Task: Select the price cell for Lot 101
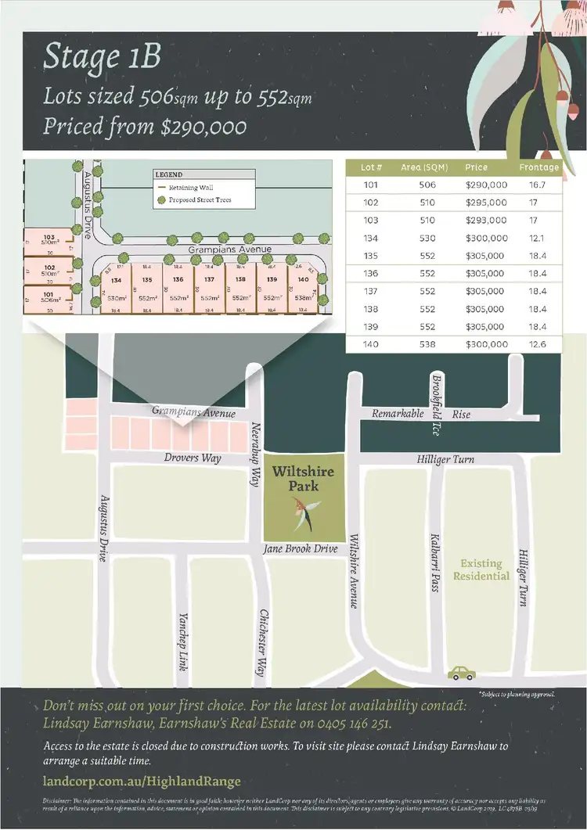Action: tap(486, 185)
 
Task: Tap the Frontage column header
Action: tap(538, 167)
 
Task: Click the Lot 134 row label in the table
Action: tap(372, 239)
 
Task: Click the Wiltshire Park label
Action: tap(303, 479)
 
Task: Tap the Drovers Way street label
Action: tap(193, 458)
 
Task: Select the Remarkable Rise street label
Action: tap(421, 414)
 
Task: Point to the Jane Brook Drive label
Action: tap(301, 548)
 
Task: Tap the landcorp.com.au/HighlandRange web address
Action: tap(141, 781)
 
